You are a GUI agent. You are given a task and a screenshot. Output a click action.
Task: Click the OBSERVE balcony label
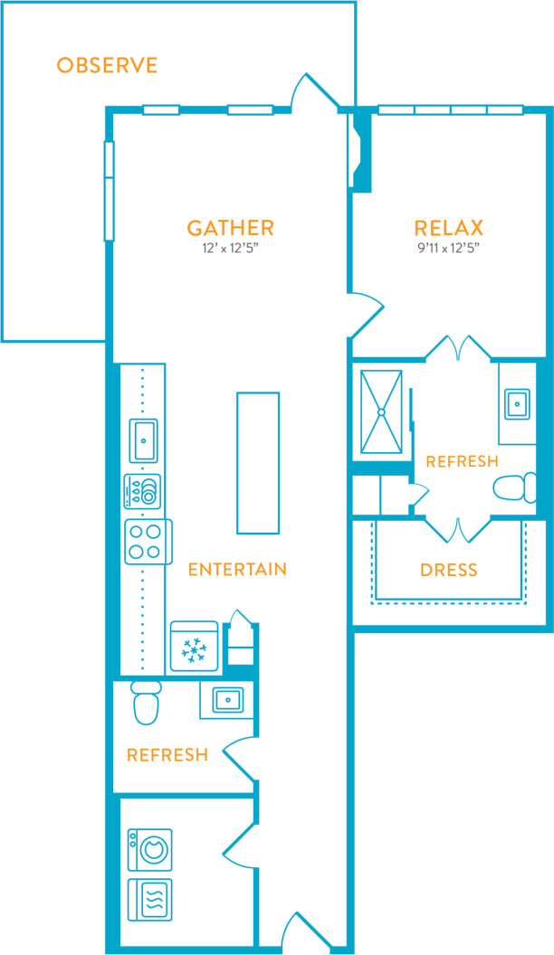(x=107, y=65)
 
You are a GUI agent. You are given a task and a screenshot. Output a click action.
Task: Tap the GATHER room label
(x=230, y=228)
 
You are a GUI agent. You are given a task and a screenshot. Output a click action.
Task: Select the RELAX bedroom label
(x=448, y=228)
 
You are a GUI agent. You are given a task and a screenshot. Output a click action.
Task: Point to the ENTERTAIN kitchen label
(x=237, y=569)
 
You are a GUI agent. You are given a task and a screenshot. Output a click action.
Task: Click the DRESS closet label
(x=448, y=571)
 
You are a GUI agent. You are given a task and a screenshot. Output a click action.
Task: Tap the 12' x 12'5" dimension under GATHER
(x=230, y=248)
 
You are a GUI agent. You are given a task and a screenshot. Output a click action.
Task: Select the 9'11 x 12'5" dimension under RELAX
(x=448, y=248)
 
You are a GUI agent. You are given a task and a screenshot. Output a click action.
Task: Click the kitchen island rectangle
(x=258, y=462)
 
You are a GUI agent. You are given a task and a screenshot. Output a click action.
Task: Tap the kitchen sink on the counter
(x=143, y=440)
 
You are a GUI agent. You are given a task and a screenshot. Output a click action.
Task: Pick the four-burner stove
(x=147, y=542)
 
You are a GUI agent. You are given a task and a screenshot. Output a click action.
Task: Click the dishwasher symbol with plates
(x=143, y=492)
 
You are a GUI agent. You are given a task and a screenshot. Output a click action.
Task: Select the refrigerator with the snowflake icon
(x=194, y=647)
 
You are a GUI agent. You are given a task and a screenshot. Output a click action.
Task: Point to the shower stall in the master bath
(x=381, y=411)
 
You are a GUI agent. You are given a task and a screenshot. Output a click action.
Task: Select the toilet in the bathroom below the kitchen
(x=146, y=702)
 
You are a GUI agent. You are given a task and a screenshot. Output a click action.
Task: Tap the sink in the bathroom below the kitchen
(x=226, y=699)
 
